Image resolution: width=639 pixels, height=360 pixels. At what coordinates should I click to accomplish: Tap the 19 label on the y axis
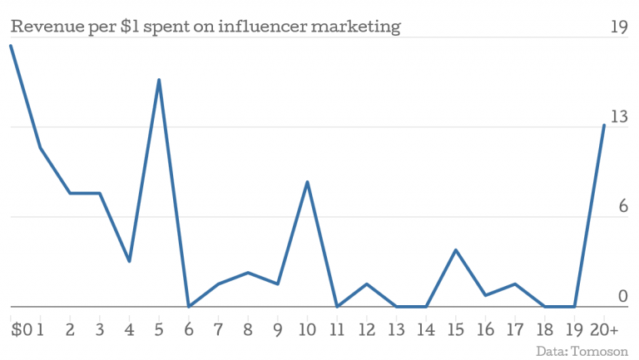click(x=618, y=27)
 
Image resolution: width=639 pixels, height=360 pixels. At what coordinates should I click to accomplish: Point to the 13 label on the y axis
click(x=618, y=117)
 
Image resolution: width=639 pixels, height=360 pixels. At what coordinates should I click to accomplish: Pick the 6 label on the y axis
click(x=622, y=207)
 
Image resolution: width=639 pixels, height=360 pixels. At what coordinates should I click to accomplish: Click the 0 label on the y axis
click(x=622, y=296)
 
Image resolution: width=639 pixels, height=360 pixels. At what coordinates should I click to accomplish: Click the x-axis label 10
click(x=307, y=330)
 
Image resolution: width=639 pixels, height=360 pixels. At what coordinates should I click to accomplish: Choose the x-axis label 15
click(x=455, y=330)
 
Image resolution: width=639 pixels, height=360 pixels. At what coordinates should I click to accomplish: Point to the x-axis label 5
click(x=158, y=330)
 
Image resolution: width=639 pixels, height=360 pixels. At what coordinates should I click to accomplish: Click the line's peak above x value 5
click(x=159, y=80)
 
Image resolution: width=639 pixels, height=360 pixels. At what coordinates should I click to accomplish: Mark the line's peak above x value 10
click(x=307, y=181)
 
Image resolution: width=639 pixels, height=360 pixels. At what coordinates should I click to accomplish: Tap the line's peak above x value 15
click(x=455, y=249)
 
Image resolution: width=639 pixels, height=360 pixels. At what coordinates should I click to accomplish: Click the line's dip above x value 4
click(x=129, y=261)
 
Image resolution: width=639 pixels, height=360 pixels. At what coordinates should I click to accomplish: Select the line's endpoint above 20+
click(x=604, y=125)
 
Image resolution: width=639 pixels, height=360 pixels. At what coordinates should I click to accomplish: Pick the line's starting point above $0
click(x=11, y=46)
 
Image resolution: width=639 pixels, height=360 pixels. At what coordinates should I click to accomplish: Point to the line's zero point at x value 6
click(x=189, y=306)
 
